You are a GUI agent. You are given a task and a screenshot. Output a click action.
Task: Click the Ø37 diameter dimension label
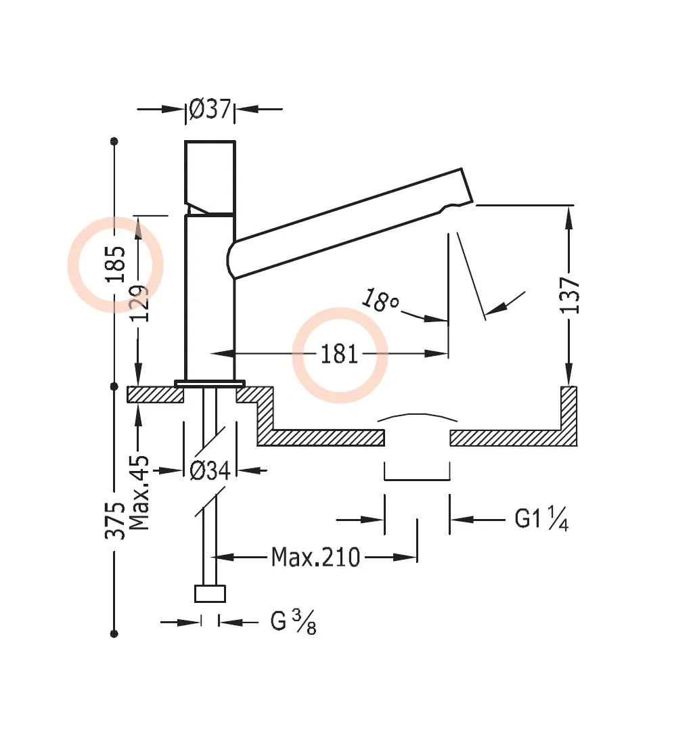210,109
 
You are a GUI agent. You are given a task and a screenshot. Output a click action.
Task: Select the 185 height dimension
115,265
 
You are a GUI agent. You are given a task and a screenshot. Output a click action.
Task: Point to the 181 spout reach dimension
339,354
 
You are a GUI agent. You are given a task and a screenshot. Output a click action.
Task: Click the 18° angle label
380,300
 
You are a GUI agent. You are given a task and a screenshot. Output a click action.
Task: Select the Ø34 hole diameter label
210,470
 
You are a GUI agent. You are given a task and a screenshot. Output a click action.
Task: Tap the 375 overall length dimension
115,520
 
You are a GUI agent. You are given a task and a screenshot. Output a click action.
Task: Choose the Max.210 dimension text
315,558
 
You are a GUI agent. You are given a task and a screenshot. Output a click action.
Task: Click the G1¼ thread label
541,519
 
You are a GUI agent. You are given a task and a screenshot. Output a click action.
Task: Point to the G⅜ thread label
293,622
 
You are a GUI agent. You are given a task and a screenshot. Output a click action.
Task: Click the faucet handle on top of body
210,176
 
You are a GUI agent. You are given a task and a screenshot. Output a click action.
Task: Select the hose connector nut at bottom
210,593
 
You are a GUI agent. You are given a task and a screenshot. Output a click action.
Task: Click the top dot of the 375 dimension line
114,141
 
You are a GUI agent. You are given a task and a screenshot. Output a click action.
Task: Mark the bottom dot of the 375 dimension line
114,634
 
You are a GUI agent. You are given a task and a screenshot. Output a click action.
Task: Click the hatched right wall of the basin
568,413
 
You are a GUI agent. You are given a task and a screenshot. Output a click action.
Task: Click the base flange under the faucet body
210,384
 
